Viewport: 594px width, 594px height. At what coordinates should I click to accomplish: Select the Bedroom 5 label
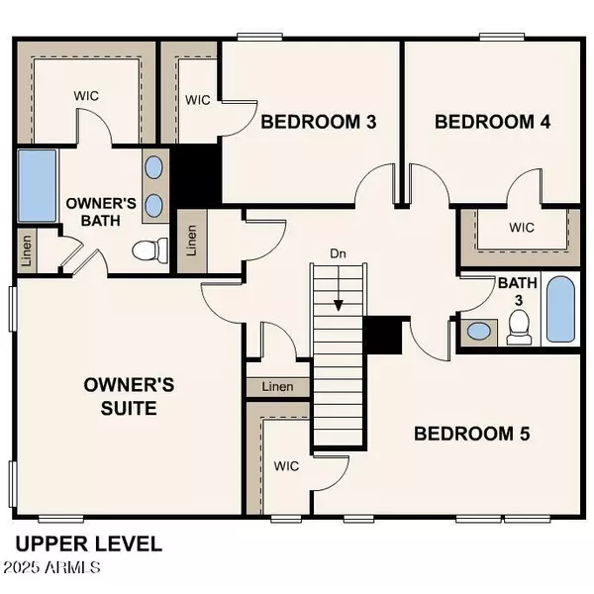click(472, 434)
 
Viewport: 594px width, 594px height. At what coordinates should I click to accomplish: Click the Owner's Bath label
click(94, 211)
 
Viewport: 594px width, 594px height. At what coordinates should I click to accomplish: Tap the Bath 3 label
click(517, 291)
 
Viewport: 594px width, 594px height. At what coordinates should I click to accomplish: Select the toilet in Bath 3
click(519, 328)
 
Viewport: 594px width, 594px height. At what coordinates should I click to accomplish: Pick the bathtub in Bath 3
click(559, 309)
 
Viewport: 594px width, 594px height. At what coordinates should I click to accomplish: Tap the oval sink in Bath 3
click(480, 331)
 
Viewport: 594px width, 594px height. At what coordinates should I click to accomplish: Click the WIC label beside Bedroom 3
click(197, 100)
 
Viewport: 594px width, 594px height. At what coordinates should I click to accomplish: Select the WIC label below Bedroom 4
click(522, 227)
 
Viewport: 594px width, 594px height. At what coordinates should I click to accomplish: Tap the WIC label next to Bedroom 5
click(286, 464)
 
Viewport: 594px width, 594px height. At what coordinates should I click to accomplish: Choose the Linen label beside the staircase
click(277, 387)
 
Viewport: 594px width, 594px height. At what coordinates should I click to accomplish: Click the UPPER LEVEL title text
click(88, 544)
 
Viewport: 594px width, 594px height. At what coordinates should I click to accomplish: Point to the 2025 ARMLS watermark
click(51, 568)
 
